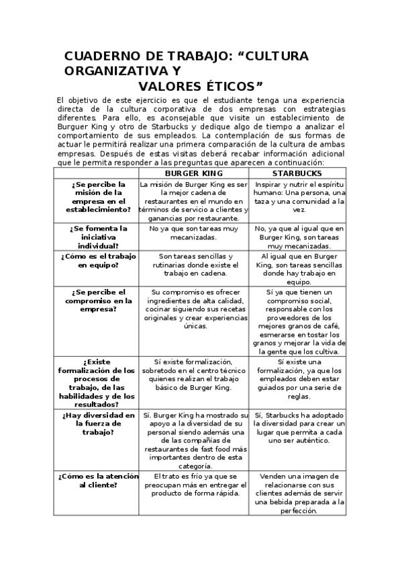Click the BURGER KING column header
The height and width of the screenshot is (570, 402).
(193, 173)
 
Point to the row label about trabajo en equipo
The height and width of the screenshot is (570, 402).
(97, 261)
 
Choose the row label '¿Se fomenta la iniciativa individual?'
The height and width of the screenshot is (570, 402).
(97, 237)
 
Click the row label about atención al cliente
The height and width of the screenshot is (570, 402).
(97, 480)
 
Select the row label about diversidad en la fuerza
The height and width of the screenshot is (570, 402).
(97, 423)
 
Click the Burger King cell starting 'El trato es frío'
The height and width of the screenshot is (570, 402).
(193, 484)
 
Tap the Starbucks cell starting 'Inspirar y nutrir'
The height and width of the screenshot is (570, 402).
(301, 196)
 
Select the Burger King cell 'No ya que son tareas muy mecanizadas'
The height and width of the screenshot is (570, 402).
(193, 233)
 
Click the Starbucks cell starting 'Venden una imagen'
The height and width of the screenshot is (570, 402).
(301, 493)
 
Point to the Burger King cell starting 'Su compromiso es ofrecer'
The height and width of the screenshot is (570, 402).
(193, 309)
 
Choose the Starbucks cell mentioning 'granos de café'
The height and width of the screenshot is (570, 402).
(301, 321)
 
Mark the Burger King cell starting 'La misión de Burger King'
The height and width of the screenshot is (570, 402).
(193, 200)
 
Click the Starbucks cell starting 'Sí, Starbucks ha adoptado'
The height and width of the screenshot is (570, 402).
(301, 427)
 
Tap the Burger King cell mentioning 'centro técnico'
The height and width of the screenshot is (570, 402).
(193, 374)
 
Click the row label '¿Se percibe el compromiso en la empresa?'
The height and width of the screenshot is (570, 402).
(97, 301)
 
